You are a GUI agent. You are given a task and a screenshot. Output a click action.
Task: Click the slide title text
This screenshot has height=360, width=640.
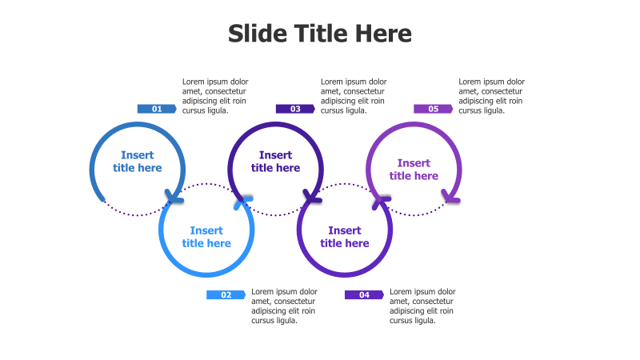click(320, 34)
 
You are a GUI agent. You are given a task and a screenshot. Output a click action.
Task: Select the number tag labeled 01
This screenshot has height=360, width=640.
click(157, 109)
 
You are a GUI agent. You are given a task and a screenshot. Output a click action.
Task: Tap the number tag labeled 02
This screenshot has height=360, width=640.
click(226, 295)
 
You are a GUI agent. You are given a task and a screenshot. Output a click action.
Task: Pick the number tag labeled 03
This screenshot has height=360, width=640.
click(295, 109)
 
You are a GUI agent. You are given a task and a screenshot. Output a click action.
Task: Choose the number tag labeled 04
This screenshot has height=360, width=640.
click(364, 295)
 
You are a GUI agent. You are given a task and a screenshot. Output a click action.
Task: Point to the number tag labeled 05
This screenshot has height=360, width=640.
click(433, 109)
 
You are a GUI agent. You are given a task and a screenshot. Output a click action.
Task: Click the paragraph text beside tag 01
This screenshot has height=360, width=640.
click(215, 96)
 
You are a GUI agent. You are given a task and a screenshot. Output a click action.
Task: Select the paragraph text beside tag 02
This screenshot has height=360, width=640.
click(284, 306)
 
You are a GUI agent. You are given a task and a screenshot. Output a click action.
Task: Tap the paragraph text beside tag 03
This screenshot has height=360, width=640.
click(354, 96)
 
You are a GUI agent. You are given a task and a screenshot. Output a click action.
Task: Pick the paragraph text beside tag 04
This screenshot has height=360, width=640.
click(422, 306)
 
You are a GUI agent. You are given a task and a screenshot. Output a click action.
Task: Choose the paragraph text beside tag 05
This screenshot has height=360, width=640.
click(491, 96)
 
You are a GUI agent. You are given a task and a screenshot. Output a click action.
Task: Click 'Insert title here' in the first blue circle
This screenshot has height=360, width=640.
click(138, 162)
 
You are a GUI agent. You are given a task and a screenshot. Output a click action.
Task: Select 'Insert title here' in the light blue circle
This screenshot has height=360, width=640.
click(206, 237)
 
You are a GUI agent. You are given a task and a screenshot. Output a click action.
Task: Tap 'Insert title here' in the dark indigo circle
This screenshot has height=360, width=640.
click(276, 162)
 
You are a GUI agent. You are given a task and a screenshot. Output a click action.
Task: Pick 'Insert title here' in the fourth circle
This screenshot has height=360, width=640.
click(345, 237)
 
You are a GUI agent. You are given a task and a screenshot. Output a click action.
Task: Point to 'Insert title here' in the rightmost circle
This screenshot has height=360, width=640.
click(414, 170)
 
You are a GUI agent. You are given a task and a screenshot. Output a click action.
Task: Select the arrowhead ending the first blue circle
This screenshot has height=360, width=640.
click(173, 196)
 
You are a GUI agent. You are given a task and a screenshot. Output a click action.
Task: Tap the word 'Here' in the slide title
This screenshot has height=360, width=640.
click(384, 34)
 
